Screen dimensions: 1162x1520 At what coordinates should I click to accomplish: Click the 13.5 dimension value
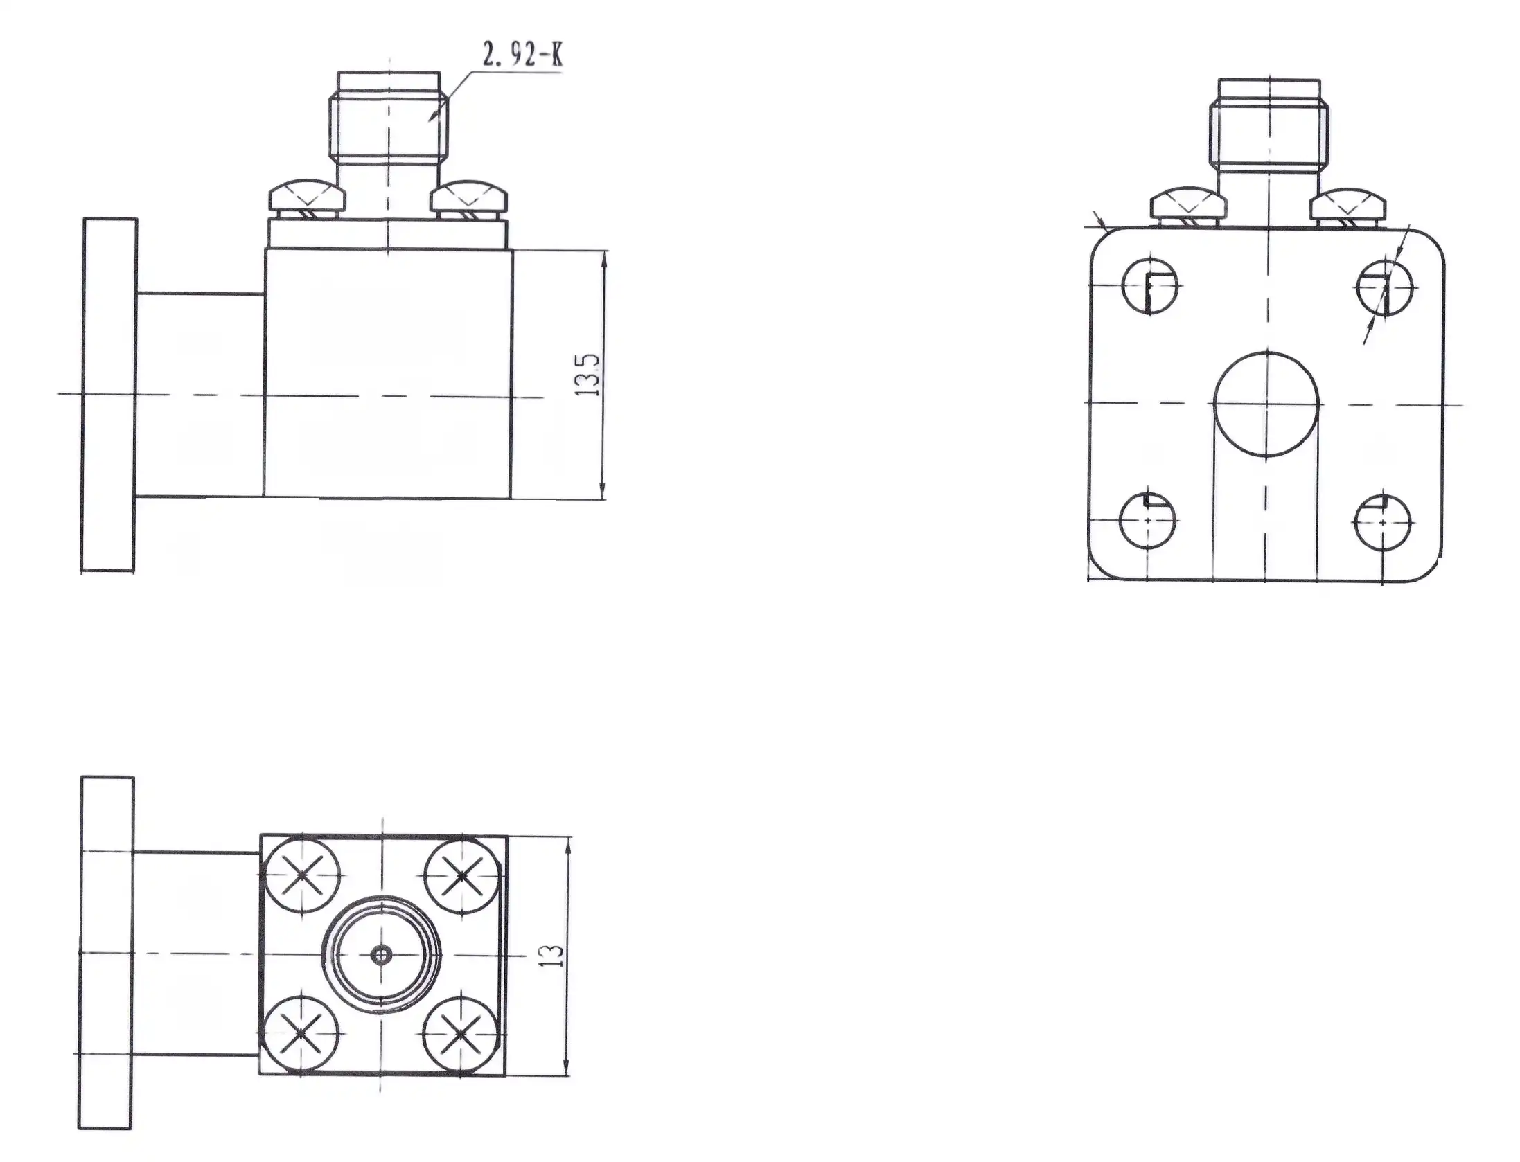[590, 374]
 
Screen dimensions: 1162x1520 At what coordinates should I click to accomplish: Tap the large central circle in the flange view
[1266, 404]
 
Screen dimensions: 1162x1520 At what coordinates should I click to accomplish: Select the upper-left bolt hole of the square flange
[1150, 286]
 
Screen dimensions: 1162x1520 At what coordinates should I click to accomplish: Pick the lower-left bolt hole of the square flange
[1148, 521]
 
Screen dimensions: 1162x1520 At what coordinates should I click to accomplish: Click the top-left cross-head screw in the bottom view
[303, 875]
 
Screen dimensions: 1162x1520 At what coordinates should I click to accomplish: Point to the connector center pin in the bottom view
[380, 955]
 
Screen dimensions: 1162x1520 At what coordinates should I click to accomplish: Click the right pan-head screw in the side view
[468, 198]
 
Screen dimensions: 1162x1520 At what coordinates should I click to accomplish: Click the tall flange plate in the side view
[109, 395]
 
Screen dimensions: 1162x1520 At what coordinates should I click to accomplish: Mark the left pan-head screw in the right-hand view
[1188, 206]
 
